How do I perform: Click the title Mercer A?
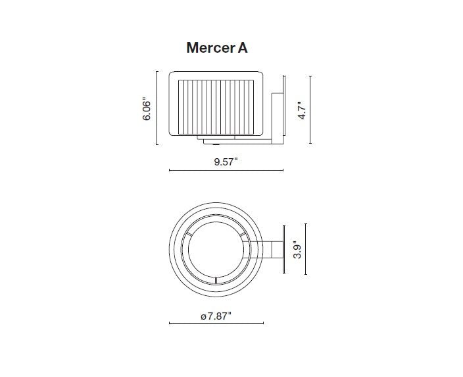[x=216, y=48]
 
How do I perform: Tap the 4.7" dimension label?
[x=302, y=109]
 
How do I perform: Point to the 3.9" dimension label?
[x=297, y=250]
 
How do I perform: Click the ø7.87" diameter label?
[x=216, y=316]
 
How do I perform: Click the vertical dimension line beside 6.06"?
[x=157, y=109]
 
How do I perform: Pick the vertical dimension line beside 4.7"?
[x=310, y=109]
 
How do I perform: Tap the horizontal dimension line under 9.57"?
[x=226, y=170]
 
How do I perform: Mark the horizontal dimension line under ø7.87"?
[x=216, y=323]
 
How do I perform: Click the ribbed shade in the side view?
[x=216, y=105]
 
